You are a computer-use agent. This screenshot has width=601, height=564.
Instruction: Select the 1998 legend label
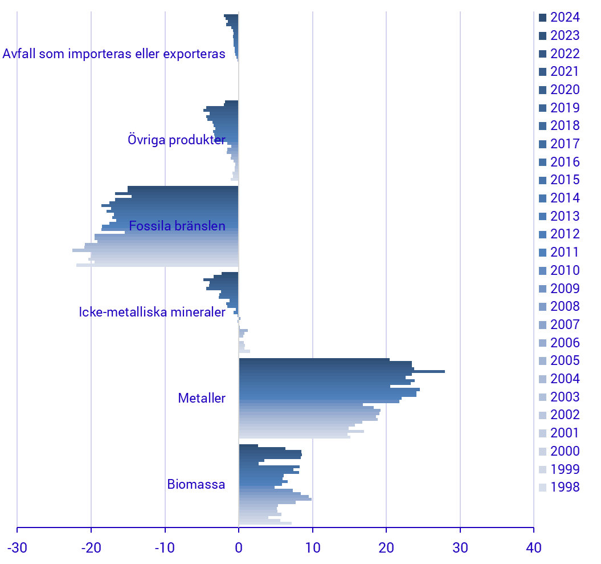tap(565, 488)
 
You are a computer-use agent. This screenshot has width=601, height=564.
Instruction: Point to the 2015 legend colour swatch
tap(542, 180)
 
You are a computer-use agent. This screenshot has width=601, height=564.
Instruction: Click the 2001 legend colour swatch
tap(542, 433)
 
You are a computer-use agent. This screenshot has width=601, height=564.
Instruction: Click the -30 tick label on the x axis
tap(17, 548)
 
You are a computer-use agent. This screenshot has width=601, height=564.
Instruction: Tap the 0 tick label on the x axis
tap(239, 548)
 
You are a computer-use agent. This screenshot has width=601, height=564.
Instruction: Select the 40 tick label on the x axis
tap(534, 548)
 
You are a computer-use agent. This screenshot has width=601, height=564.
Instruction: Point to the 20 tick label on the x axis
tap(386, 548)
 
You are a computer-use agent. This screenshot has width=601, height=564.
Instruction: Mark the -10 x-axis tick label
tap(165, 548)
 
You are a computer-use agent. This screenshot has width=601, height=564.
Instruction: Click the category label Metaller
tap(202, 398)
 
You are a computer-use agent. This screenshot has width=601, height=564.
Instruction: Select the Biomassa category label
tap(196, 485)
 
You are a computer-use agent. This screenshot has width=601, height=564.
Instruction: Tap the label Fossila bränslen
tap(177, 226)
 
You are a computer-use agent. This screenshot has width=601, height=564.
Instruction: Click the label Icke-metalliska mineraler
tap(152, 313)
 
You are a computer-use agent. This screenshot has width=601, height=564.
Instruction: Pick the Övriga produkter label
tap(177, 140)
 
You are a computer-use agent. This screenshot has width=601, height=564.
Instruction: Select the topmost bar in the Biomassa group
tap(248, 446)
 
